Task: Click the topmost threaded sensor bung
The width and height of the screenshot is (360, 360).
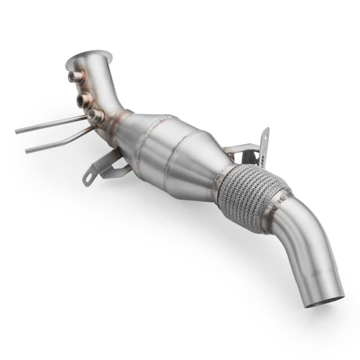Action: (x=75, y=77)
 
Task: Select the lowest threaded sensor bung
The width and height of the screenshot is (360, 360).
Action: (x=96, y=116)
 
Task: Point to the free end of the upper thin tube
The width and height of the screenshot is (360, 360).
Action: (x=17, y=130)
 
